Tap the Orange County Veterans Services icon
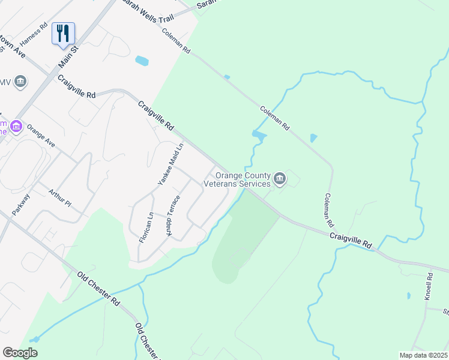tap(279, 178)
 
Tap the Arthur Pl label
tap(59, 199)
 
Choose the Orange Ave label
tap(41, 137)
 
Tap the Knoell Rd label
tap(429, 287)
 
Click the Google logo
tap(20, 353)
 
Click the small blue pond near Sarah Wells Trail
tap(142, 61)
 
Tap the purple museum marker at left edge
tap(15, 126)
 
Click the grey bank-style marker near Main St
tap(21, 81)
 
